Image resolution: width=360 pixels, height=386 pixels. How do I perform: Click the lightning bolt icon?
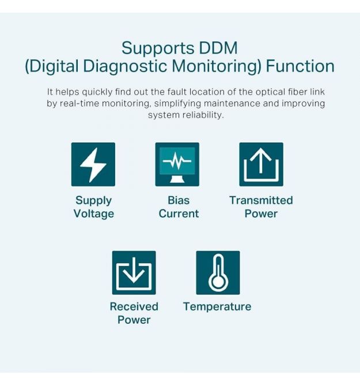93,164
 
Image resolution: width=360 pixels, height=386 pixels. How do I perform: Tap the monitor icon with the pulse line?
177,164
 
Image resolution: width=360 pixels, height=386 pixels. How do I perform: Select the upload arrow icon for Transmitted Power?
261,164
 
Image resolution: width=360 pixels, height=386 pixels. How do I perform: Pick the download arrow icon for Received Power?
134,273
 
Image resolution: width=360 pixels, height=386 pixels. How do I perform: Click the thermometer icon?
218,273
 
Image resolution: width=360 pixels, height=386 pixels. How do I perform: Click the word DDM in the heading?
218,48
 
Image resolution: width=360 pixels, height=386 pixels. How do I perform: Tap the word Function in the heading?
300,66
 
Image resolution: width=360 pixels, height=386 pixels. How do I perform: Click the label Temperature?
217,307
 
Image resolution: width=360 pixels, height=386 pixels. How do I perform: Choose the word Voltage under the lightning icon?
94,214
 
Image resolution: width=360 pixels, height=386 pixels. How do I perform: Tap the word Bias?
179,200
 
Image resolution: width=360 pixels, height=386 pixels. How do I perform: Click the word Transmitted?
261,200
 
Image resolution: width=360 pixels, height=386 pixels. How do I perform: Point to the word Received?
134,306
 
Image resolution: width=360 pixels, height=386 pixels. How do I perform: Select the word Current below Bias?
179,214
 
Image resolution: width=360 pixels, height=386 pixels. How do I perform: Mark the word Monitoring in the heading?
217,67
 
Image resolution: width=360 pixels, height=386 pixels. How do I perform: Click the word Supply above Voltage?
93,201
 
